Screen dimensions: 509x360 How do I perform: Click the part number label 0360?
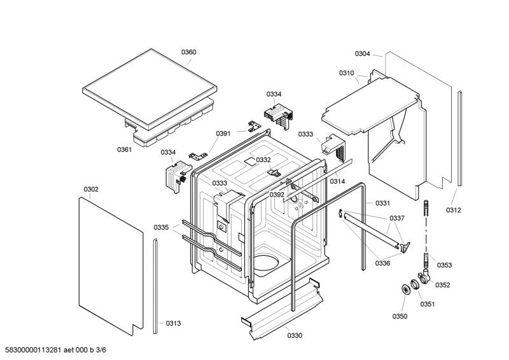(188, 52)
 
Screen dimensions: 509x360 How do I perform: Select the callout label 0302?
(91, 190)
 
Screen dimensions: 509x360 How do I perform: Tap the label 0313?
(173, 323)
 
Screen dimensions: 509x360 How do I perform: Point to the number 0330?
(295, 335)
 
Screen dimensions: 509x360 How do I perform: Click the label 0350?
(400, 316)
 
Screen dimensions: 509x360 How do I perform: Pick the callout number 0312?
(454, 210)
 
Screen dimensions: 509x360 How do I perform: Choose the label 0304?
(362, 53)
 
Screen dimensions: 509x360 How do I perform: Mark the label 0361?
(124, 149)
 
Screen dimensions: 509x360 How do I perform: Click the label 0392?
(277, 195)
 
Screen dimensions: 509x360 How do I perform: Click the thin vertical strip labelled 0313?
(155, 286)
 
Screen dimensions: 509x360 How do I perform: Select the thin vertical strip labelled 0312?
(459, 139)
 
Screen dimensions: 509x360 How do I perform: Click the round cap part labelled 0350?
(405, 289)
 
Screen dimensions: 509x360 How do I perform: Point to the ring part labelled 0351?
(415, 284)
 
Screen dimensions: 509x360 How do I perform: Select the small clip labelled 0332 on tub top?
(274, 171)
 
